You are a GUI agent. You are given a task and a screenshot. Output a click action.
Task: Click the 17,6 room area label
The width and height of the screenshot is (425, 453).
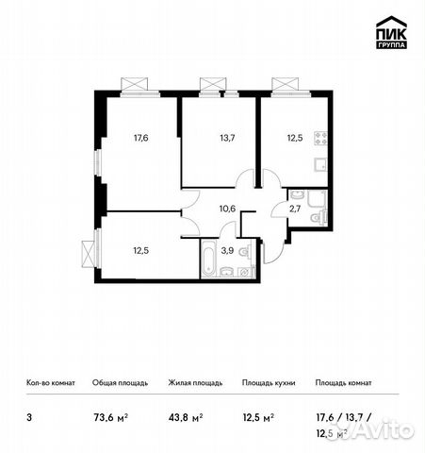(x=141, y=137)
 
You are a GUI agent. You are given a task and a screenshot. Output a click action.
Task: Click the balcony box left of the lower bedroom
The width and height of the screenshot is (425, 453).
(x=90, y=254)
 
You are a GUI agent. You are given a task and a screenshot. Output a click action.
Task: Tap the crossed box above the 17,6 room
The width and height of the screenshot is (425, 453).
(x=132, y=83)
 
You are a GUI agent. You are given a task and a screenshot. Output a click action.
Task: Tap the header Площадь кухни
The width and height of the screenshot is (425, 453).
(x=269, y=383)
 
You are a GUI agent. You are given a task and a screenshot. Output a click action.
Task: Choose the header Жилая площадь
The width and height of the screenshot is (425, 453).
(x=195, y=383)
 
